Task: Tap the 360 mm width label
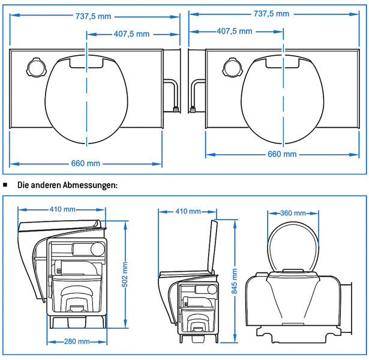(293, 213)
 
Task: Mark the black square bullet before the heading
(5, 185)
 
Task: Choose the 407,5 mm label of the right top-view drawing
(234, 31)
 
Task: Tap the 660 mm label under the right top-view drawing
(282, 154)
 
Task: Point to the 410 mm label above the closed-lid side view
(62, 209)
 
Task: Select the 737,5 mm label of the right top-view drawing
(271, 13)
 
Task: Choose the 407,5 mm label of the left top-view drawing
(131, 34)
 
